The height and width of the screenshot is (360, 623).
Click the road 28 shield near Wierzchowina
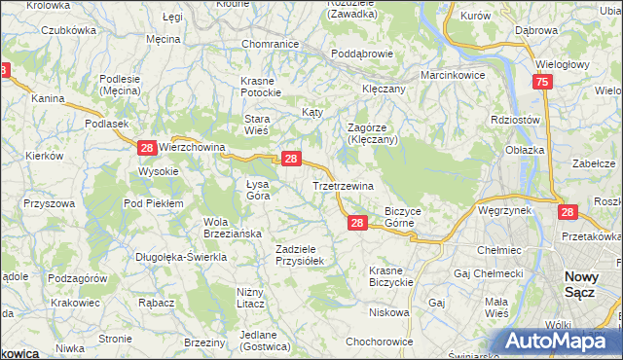point(146,147)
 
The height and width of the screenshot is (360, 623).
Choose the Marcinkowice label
point(453,75)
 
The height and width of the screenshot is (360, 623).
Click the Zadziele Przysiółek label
point(305,255)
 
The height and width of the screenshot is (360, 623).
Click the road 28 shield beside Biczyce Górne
point(357,223)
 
